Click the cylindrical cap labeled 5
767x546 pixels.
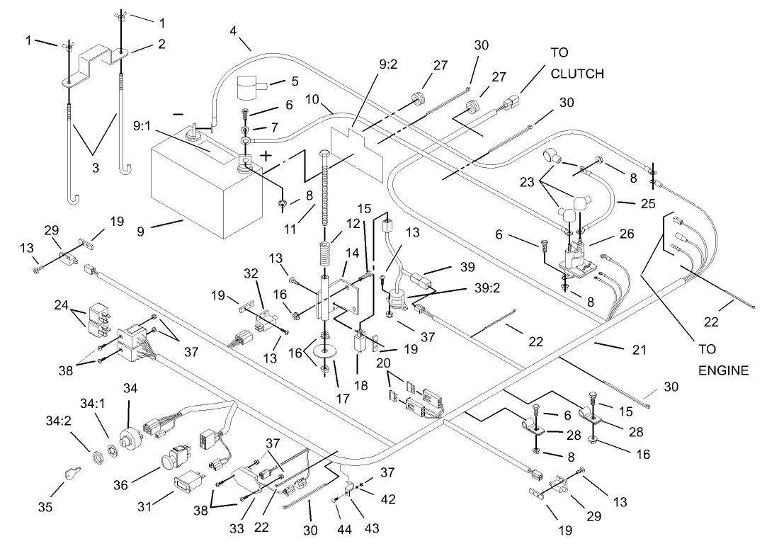(x=249, y=90)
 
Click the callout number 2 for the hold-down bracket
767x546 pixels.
(x=162, y=44)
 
